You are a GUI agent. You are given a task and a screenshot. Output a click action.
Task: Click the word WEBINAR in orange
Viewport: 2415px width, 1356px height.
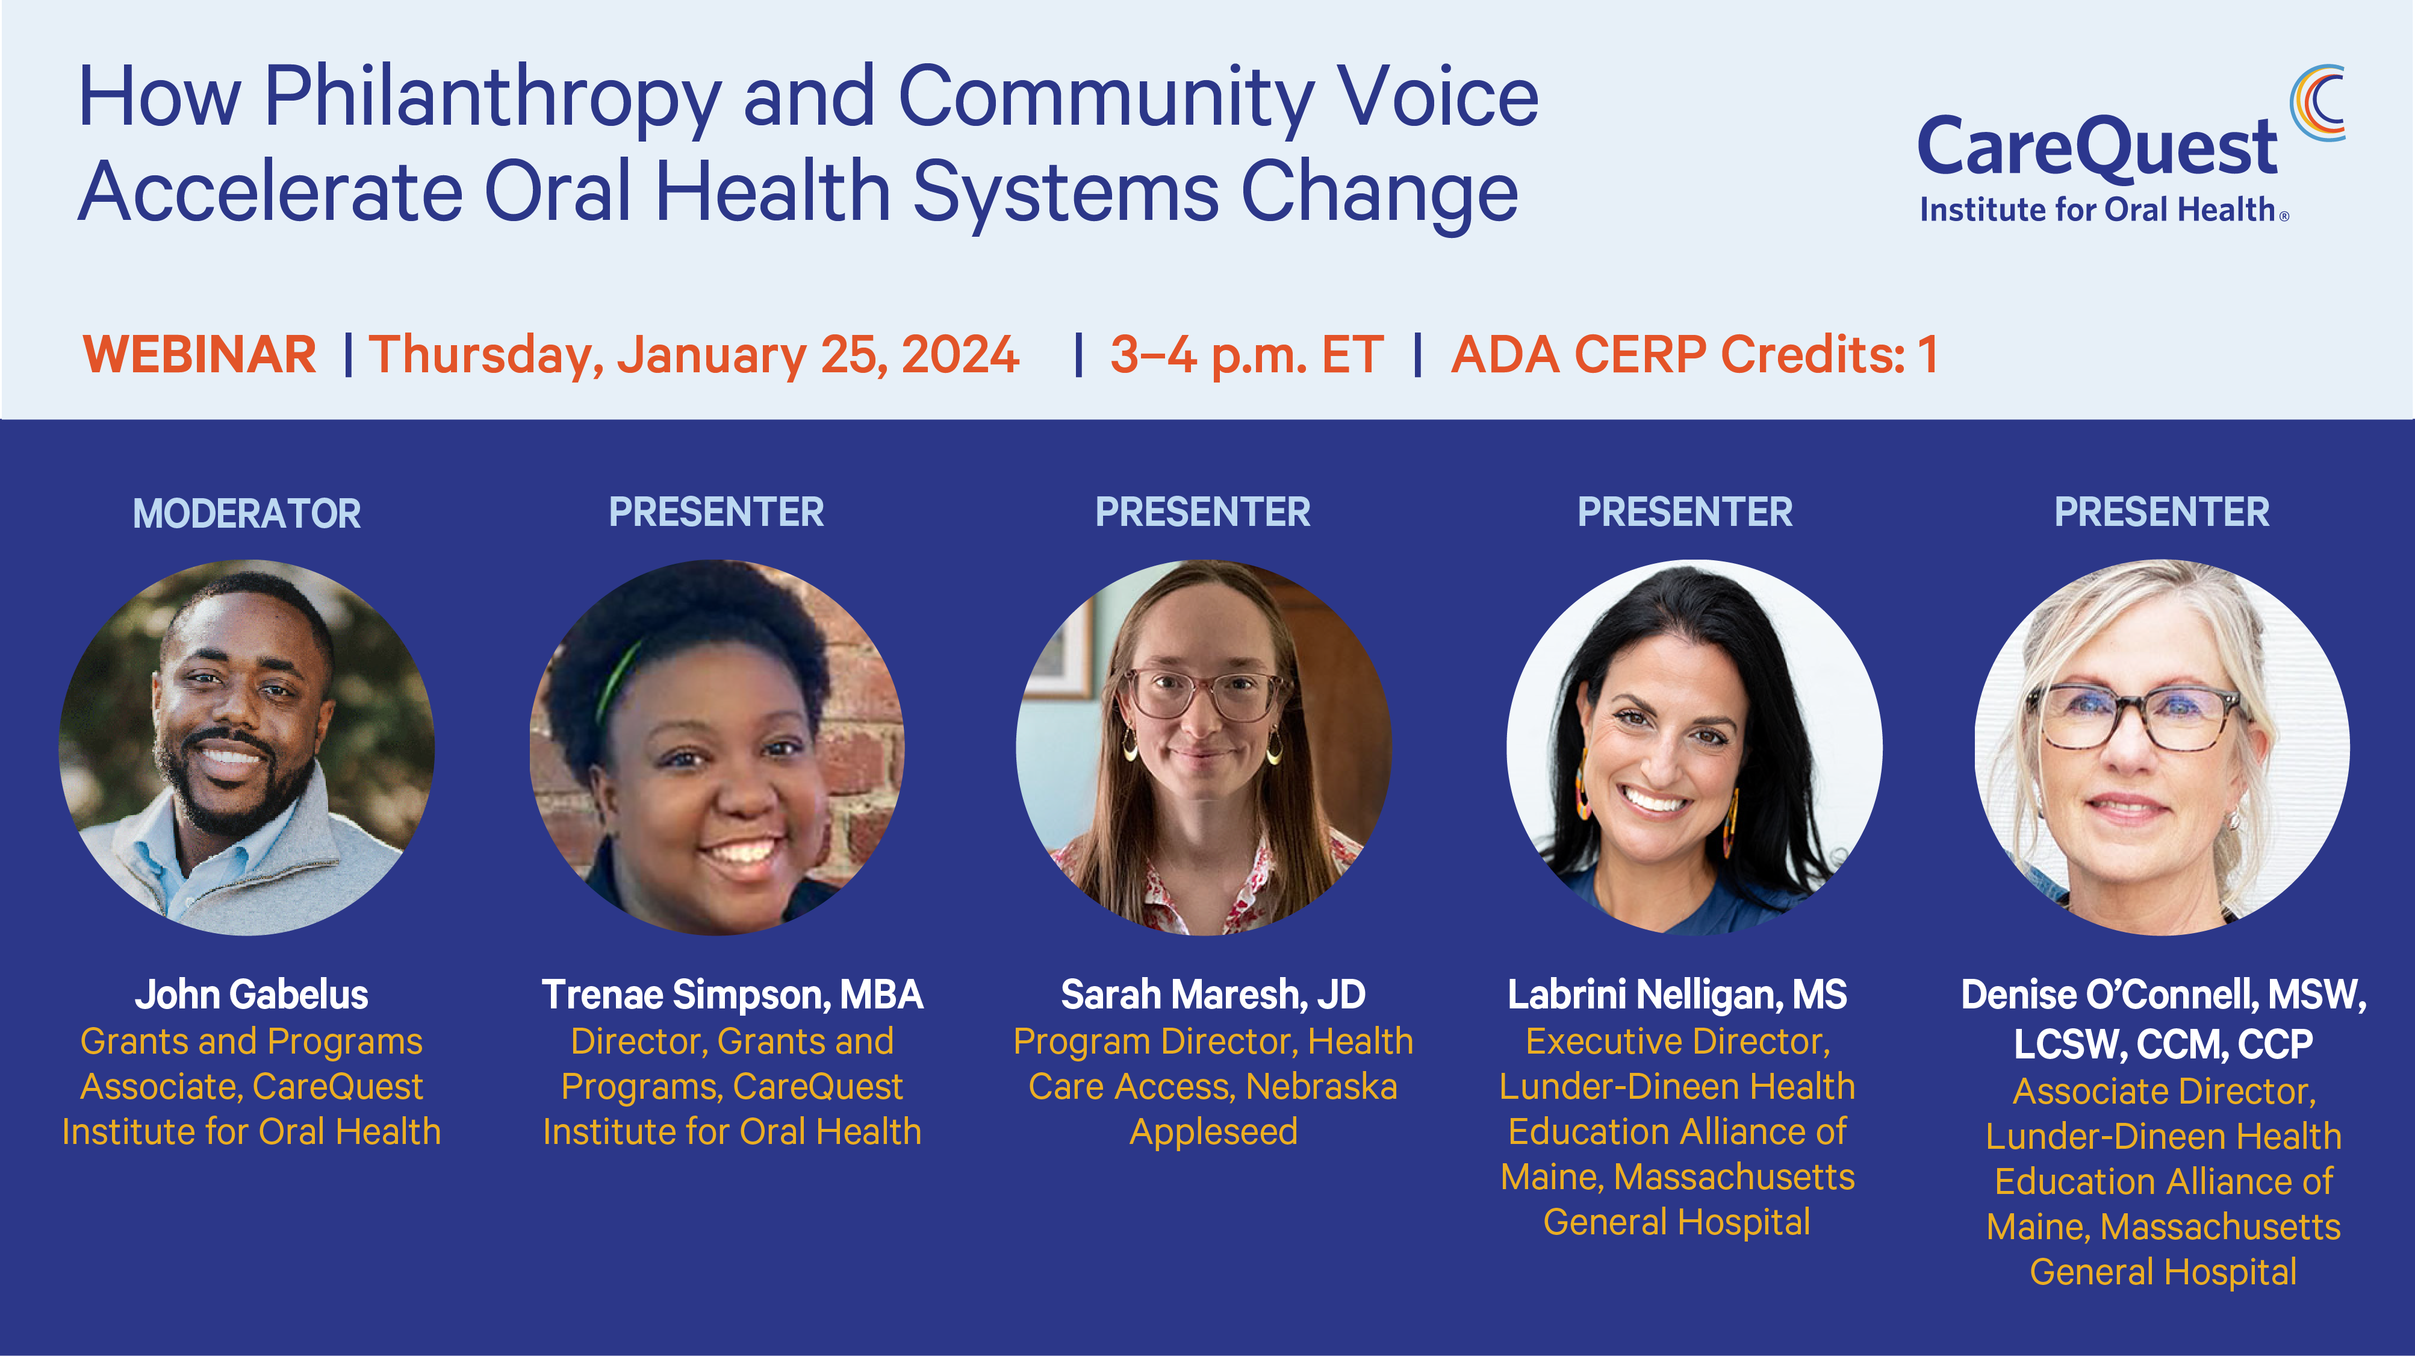pos(200,354)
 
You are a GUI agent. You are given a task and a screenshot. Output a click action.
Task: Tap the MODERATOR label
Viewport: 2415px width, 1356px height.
pos(247,514)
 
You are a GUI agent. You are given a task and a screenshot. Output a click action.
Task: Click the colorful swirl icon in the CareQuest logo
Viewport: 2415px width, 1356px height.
pos(2317,103)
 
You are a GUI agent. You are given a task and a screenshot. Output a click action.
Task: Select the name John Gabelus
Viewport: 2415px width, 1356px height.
pos(251,995)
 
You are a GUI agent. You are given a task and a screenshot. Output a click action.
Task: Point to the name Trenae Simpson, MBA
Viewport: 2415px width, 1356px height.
pos(732,995)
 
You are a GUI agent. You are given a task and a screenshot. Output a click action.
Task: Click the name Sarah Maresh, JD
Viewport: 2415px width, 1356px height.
pos(1213,995)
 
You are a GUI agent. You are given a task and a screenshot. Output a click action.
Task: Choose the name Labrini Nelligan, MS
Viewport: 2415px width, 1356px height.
pos(1677,995)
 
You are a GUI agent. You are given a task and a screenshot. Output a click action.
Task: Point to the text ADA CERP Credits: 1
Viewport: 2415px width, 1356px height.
pos(1694,354)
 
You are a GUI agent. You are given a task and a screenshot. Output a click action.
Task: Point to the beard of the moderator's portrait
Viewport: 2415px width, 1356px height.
pos(234,788)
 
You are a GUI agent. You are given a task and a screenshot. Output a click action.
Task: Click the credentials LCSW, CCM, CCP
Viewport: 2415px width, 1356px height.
pos(2163,1045)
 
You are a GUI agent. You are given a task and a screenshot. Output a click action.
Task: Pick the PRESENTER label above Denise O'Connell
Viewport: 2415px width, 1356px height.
pos(2162,512)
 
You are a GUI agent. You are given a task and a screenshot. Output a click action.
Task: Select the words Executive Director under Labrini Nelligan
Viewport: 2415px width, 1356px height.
pos(1677,1042)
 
